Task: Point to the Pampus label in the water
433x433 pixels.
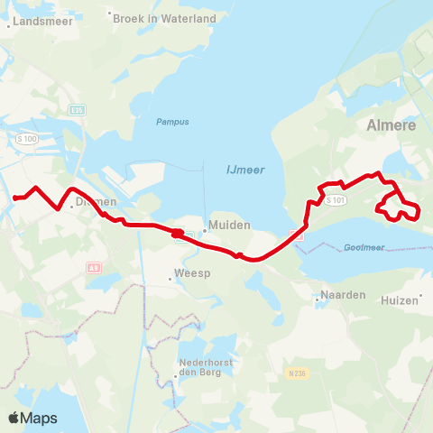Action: click(170, 122)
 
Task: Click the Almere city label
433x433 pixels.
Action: click(392, 125)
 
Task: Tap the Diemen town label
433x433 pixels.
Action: click(97, 203)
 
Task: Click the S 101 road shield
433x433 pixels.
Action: click(336, 199)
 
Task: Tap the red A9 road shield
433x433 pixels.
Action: click(94, 267)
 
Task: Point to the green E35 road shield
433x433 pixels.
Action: click(78, 111)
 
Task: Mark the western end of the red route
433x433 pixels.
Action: click(14, 197)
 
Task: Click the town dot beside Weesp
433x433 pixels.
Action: click(170, 280)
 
